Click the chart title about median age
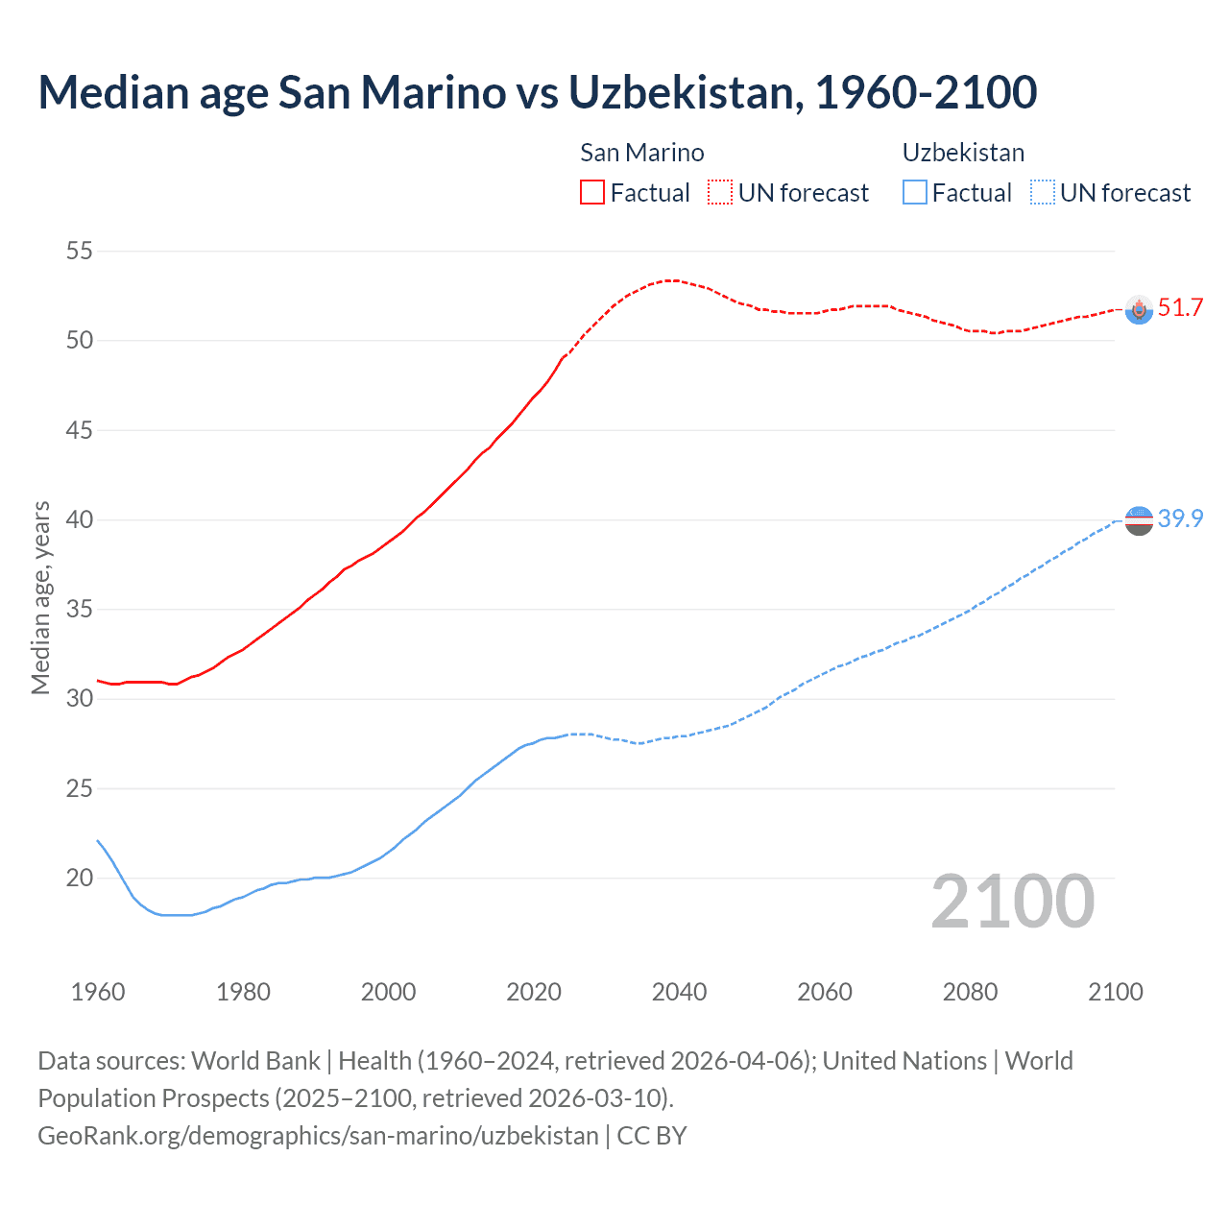point(537,92)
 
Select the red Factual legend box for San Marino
point(592,192)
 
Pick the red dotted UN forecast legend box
point(720,192)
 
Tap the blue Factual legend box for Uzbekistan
point(915,192)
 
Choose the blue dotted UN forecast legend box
point(1042,192)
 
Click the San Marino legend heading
point(641,153)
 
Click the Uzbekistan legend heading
point(963,153)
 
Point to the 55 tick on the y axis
point(79,252)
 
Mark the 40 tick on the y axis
point(79,520)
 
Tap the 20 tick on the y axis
point(79,878)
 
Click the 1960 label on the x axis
point(98,992)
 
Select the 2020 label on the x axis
point(534,992)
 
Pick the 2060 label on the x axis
point(825,992)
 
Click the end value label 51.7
point(1180,308)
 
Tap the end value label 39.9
point(1180,519)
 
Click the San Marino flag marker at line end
point(1139,309)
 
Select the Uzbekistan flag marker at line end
point(1139,520)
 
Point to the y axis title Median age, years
point(40,597)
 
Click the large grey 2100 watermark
point(1013,901)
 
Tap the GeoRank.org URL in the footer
point(318,1136)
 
